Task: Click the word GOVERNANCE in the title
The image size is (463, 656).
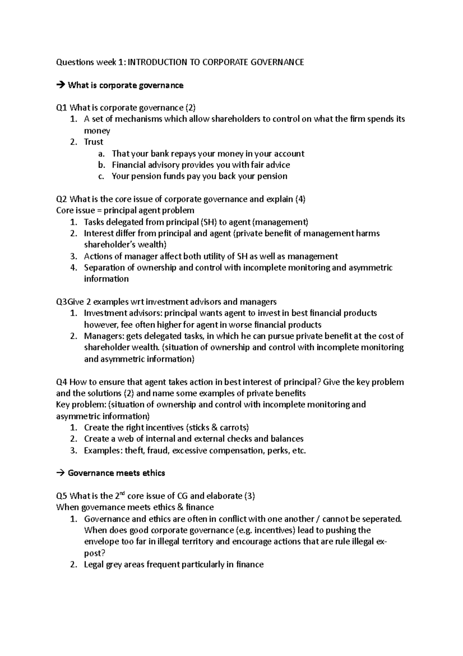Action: tap(279, 62)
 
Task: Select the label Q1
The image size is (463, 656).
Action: tap(62, 108)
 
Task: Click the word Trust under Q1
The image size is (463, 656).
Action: tap(94, 142)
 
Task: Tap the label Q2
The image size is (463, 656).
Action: tap(62, 199)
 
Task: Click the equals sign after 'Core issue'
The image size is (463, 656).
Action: tap(98, 211)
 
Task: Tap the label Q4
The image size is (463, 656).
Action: tap(62, 382)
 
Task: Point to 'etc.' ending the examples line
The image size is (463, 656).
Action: tap(299, 450)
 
